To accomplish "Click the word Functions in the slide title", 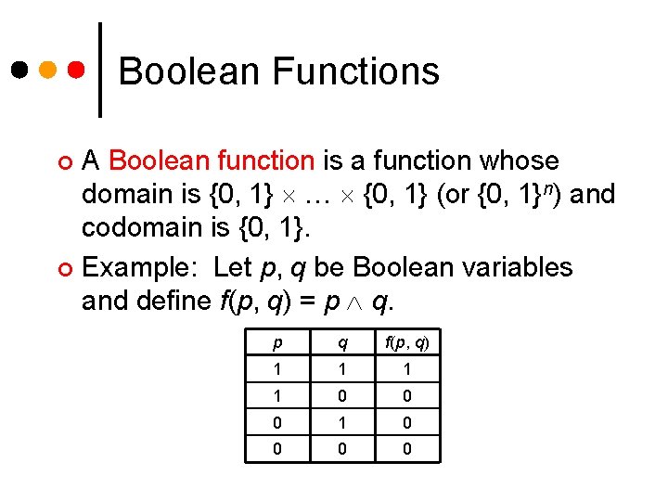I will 356,71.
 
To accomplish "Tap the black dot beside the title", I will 19,70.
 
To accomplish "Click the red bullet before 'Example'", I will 65,269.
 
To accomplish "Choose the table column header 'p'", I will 277,343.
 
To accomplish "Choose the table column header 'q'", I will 342,343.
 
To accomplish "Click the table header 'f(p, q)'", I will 407,343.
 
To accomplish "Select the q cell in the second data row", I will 342,396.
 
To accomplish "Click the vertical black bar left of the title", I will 101,70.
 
